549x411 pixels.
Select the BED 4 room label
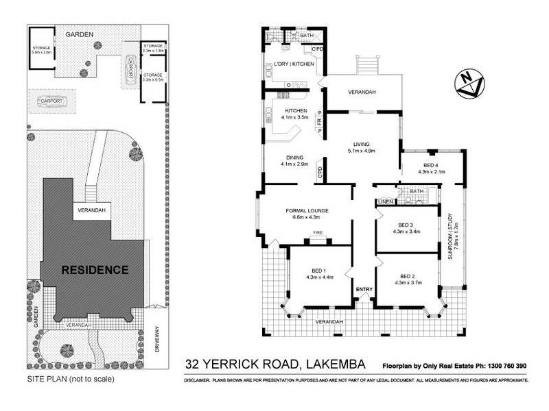[x=430, y=165]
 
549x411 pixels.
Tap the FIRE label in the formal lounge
[x=318, y=233]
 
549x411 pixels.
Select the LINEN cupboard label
[x=384, y=202]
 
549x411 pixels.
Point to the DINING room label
[x=294, y=157]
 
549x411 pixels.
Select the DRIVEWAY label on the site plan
[x=157, y=339]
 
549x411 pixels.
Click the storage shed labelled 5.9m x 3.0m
[x=41, y=49]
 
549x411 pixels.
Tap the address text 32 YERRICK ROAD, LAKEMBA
[x=277, y=365]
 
